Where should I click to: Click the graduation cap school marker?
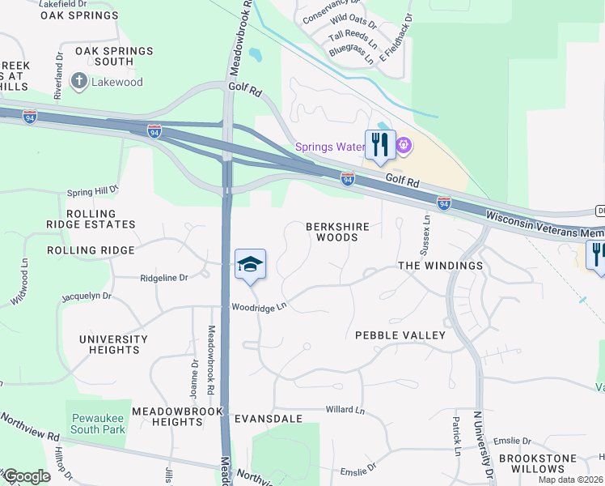(251, 265)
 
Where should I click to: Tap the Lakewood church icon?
(79, 81)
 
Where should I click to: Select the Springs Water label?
(328, 147)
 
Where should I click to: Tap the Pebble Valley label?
(400, 335)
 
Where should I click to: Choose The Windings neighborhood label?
(441, 266)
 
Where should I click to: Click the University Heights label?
(113, 344)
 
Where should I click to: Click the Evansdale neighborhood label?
(268, 419)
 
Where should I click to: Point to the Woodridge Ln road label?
(260, 307)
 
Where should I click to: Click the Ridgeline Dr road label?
(163, 277)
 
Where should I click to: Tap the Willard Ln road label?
(345, 411)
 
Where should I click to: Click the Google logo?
(26, 476)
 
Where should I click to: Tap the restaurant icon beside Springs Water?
(380, 145)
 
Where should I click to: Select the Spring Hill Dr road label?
(92, 191)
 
